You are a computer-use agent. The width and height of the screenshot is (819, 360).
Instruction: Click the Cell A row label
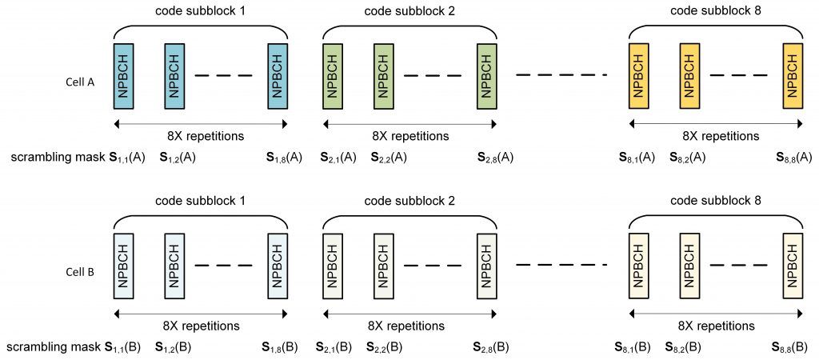(x=81, y=82)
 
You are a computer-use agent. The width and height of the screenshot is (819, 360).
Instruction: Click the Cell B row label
(x=80, y=272)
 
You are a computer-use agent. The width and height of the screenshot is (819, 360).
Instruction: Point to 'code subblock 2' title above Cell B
(x=409, y=202)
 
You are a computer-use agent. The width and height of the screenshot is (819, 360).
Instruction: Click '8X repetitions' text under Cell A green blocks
(x=409, y=135)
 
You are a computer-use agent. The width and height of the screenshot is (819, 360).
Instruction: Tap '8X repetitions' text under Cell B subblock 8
(x=714, y=326)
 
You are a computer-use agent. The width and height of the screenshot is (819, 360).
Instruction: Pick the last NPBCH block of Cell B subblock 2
(x=486, y=267)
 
